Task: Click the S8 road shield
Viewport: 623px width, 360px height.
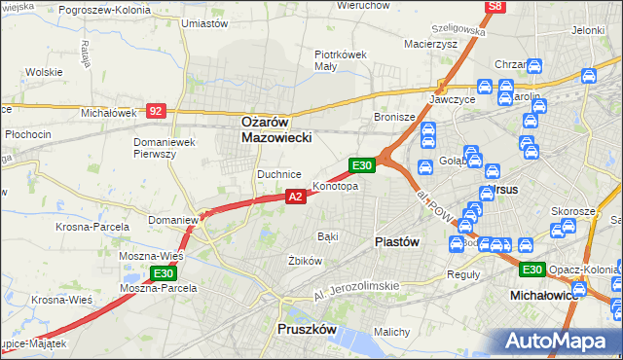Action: (495, 7)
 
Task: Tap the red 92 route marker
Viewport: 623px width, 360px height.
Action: (157, 111)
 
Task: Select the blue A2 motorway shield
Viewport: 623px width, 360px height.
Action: (297, 197)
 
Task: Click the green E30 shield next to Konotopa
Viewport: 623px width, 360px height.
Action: (362, 166)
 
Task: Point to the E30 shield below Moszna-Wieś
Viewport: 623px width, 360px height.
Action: (165, 273)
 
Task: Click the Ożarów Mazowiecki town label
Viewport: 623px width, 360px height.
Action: (276, 130)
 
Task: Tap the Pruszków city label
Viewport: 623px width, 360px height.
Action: (307, 330)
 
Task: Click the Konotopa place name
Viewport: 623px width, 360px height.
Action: (335, 185)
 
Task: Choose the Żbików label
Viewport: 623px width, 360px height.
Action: (305, 261)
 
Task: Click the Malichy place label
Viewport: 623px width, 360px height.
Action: (391, 332)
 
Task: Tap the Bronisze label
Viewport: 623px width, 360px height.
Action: (395, 117)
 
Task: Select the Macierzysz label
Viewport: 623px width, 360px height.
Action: (430, 43)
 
